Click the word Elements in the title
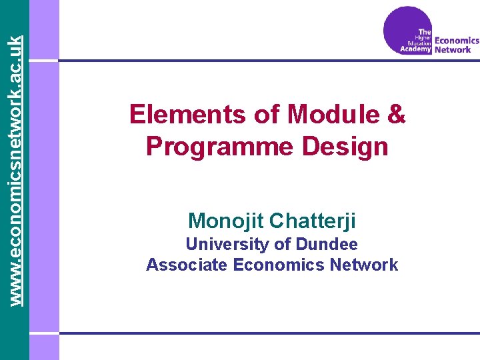[x=187, y=115]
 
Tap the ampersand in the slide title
[x=395, y=115]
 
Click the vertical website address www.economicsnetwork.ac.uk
[x=18, y=153]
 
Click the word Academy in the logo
[x=416, y=49]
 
